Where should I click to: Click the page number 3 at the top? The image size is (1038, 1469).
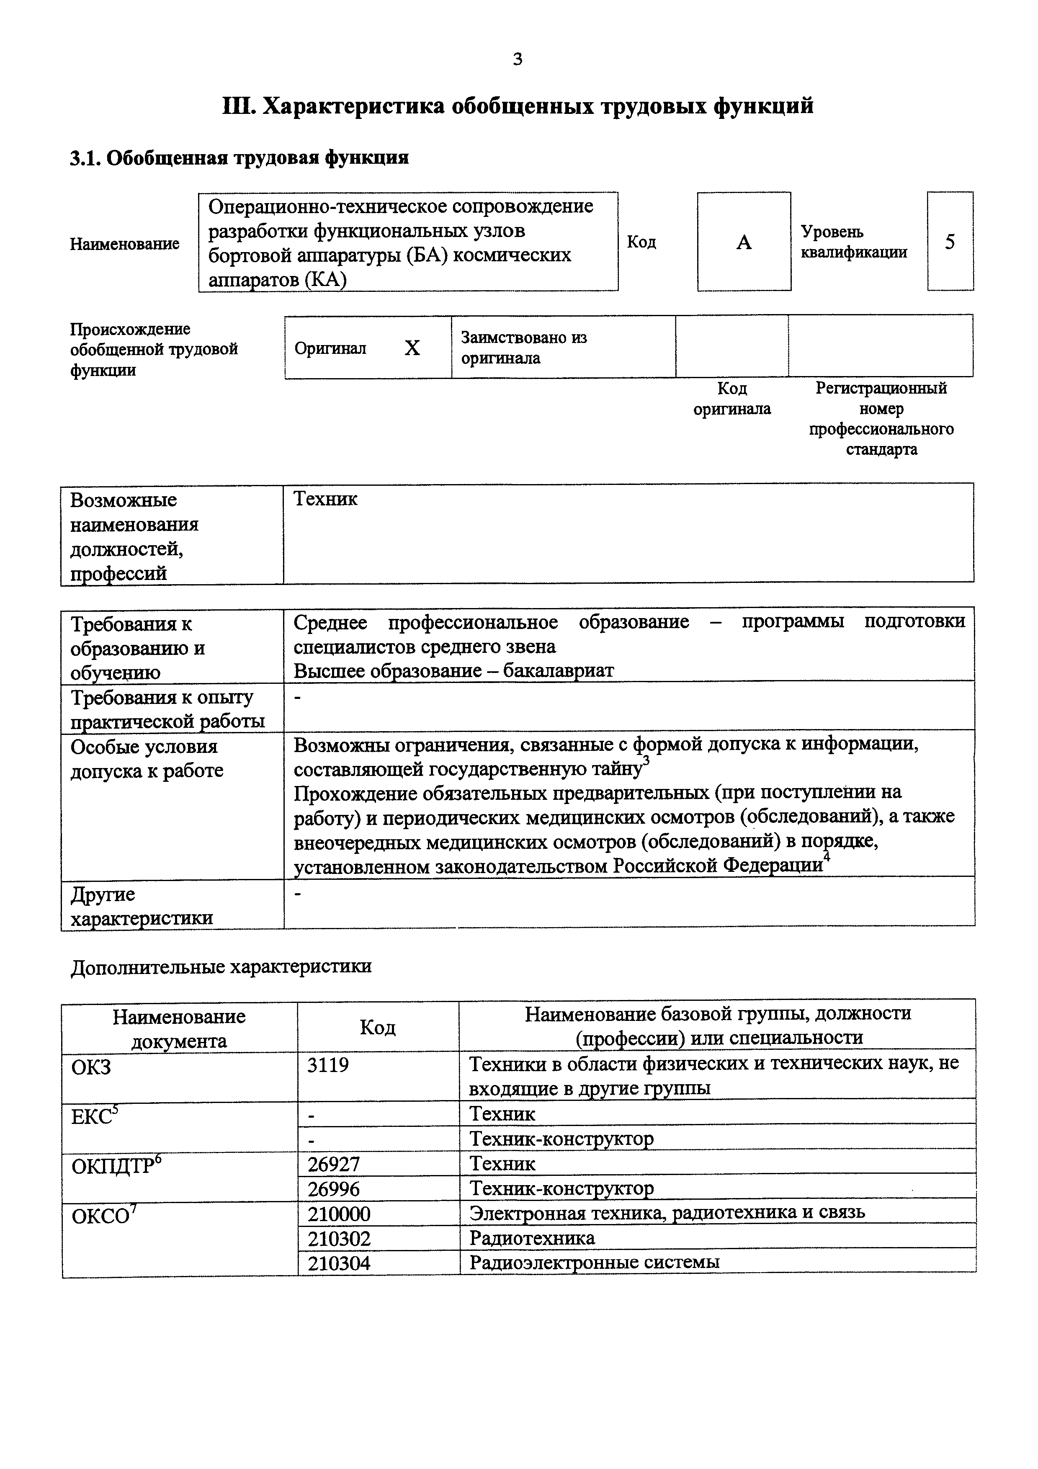(518, 59)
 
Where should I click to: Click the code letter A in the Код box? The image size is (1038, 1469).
(743, 242)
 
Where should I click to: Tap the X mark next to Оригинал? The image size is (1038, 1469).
(412, 348)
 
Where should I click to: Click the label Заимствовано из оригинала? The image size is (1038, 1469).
(524, 348)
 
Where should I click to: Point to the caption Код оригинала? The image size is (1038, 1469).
(732, 399)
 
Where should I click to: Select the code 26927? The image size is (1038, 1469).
(334, 1164)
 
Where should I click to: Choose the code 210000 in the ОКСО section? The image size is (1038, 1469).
(339, 1214)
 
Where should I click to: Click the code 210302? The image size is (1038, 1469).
(339, 1239)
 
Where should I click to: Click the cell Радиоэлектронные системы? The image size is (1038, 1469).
(594, 1262)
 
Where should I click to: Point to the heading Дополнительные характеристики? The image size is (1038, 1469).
(221, 966)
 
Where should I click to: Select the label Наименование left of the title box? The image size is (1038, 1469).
(125, 244)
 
